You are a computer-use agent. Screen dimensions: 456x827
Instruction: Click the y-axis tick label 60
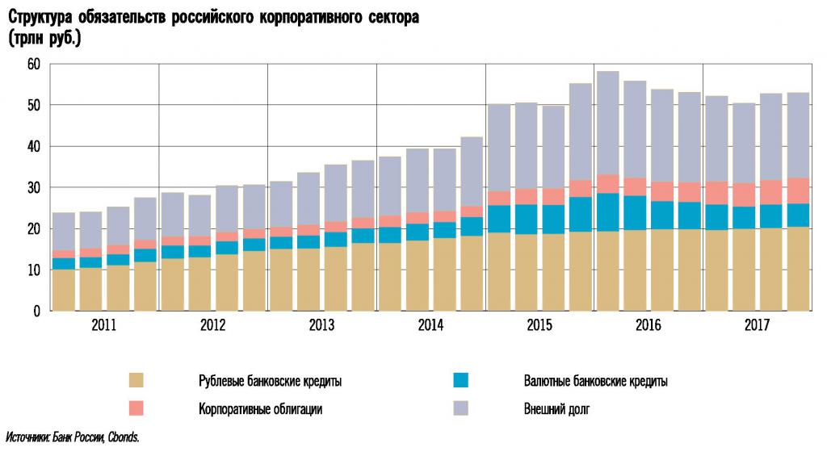[33, 65]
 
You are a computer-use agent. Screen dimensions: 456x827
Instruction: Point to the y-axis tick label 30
[33, 188]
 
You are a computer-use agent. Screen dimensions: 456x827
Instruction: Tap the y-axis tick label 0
[37, 312]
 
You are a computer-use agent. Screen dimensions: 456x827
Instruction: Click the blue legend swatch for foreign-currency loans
[461, 381]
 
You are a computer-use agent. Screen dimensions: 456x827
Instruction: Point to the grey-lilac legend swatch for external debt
[461, 408]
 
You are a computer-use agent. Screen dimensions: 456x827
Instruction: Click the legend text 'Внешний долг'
[556, 409]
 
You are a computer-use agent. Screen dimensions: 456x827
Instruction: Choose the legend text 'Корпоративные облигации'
[260, 409]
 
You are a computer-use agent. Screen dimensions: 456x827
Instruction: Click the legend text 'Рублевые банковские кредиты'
[270, 382]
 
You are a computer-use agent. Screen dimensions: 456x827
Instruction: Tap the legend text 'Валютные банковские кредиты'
[595, 382]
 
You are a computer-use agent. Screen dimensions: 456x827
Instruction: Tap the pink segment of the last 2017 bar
[799, 190]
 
